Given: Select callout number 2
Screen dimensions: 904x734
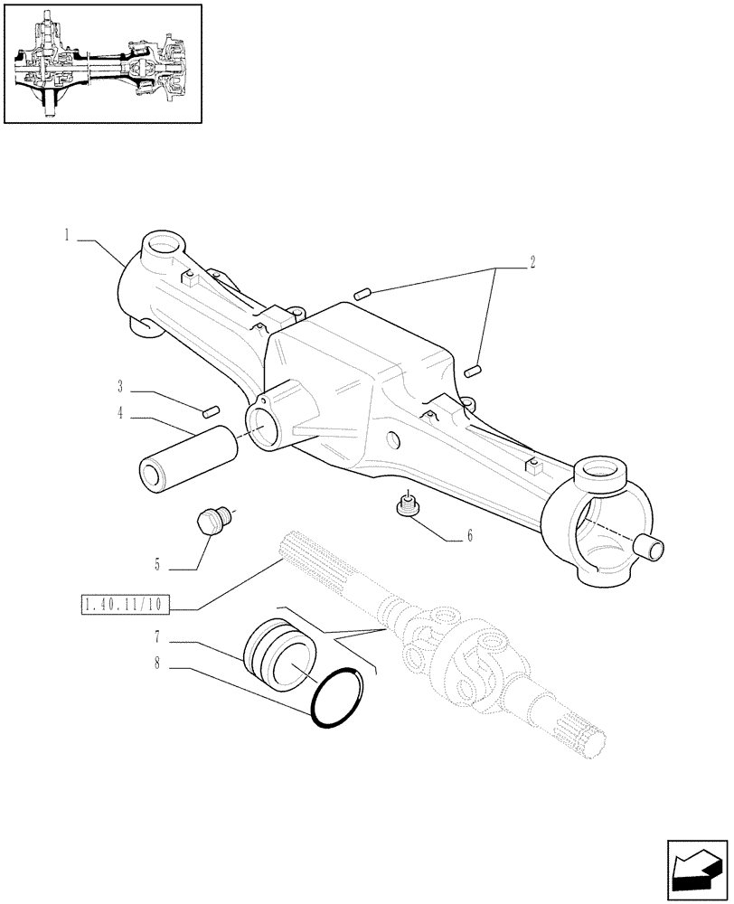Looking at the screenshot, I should (x=533, y=263).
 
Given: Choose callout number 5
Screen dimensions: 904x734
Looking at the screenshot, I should (x=157, y=566).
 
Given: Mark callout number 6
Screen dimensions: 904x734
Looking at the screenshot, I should (x=470, y=536).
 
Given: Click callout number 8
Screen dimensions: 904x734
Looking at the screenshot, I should (x=157, y=664).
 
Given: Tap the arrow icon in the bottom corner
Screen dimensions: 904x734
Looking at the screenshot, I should (x=696, y=872).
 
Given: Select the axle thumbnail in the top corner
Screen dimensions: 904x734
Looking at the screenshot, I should (x=101, y=63).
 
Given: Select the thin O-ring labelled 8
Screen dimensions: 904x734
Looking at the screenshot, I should (x=342, y=696).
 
